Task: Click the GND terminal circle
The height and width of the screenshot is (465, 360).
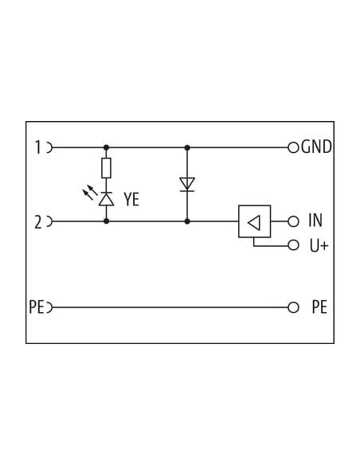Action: tap(293, 147)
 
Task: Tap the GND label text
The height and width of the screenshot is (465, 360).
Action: tap(316, 147)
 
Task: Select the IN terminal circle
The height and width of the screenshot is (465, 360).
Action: tap(293, 221)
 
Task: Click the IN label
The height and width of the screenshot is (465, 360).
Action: tap(315, 221)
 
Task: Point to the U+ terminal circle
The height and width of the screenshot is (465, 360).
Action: tap(293, 245)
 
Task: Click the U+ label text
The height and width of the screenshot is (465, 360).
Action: tap(319, 245)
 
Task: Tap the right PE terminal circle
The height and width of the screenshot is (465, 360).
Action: tap(293, 307)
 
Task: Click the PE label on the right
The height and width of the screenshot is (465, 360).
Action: tap(319, 307)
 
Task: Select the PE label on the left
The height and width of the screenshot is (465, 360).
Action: tap(37, 307)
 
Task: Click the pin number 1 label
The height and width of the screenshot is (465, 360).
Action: tap(38, 147)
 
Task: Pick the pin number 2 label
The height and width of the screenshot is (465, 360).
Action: tap(38, 222)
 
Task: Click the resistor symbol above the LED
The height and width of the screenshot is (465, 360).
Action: tap(106, 168)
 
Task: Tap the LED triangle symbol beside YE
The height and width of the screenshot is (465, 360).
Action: tap(106, 199)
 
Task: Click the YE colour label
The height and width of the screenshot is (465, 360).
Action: tap(131, 199)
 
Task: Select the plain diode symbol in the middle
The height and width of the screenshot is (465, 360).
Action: tap(187, 185)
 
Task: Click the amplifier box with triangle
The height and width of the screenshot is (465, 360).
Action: tap(254, 221)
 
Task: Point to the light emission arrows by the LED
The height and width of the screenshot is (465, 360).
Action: tap(90, 192)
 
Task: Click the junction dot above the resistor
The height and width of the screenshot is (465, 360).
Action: tap(106, 147)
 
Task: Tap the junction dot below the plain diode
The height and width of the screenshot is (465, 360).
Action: tap(187, 221)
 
